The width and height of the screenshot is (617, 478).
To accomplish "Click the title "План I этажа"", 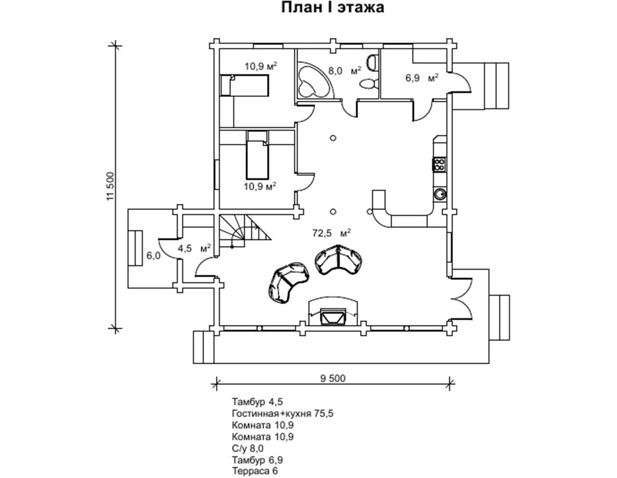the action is [x=332, y=8].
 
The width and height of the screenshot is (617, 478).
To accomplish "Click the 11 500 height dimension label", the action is [x=110, y=186].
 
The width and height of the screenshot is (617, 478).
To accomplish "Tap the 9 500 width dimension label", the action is [x=333, y=378].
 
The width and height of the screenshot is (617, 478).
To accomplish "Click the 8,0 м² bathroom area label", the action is [x=345, y=70].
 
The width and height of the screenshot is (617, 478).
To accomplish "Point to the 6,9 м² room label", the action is [x=422, y=78].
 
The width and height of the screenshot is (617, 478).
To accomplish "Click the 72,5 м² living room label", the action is [x=331, y=233].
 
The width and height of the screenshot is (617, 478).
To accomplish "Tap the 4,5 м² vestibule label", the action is [x=194, y=248].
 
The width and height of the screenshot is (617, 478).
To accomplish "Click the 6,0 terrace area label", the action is [x=153, y=256].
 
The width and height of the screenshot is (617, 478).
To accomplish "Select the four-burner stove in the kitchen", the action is [x=439, y=165].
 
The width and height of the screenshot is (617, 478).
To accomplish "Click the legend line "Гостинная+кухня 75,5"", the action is [x=282, y=413].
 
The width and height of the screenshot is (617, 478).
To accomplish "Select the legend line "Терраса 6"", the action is [x=255, y=471].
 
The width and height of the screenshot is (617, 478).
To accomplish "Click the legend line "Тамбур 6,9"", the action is [x=257, y=460].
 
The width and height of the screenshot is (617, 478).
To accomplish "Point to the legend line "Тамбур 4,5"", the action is [x=257, y=402].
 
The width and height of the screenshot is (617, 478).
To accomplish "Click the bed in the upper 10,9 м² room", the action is [x=244, y=85].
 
